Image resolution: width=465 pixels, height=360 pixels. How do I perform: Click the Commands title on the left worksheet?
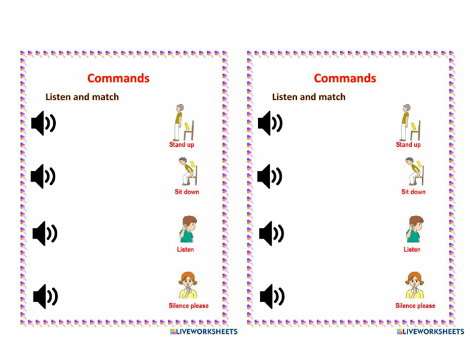point(118,78)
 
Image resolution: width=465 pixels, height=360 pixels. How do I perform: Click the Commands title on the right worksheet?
point(345,78)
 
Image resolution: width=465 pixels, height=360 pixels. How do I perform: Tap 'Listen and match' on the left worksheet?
point(82,97)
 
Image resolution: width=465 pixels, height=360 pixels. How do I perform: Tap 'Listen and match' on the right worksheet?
point(309,97)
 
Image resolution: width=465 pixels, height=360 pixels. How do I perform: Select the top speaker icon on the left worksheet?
point(44,123)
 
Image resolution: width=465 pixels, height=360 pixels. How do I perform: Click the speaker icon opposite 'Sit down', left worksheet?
point(43,176)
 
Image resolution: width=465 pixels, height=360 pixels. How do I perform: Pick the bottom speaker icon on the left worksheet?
point(45,296)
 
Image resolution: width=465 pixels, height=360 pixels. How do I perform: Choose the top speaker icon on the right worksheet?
point(270,123)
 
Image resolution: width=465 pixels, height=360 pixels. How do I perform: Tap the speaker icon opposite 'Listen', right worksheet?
point(271,233)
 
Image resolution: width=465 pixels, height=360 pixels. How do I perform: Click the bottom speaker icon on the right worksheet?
point(272,296)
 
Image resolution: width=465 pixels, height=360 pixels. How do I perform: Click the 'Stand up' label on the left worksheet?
point(182,144)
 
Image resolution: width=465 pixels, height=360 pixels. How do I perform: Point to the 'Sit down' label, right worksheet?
point(414,192)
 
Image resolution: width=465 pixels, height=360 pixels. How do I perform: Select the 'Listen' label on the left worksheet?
point(185,249)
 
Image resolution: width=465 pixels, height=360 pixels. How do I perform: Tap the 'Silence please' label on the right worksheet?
point(415,305)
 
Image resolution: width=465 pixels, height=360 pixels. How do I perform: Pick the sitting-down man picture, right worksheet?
point(415,172)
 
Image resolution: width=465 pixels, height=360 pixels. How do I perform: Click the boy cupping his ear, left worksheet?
point(188,229)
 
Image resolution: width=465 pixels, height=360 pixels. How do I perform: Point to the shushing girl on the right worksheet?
point(415,285)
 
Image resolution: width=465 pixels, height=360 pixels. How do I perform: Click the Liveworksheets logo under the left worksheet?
point(203,332)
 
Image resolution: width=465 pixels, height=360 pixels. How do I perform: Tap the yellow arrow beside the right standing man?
point(414,126)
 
